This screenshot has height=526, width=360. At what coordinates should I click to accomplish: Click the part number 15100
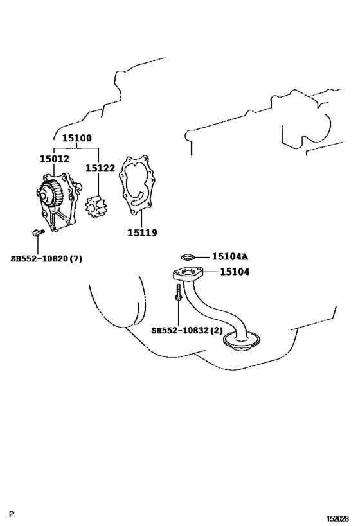(77, 138)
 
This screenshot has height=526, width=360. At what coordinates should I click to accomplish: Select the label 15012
(55, 159)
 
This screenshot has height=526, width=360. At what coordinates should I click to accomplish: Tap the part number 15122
(100, 168)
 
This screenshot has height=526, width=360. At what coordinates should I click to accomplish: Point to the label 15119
(142, 232)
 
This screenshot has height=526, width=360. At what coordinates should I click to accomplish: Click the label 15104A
(230, 257)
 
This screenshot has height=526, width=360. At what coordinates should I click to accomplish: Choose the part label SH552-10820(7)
(46, 259)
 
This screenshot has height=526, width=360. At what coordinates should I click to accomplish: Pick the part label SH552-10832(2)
(187, 330)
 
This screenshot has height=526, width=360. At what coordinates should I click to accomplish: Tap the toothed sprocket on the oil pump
(49, 193)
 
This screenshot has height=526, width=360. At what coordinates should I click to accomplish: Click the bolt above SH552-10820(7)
(39, 232)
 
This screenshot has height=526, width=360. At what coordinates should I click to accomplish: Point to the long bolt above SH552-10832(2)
(178, 292)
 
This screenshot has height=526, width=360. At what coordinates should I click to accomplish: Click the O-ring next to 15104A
(188, 258)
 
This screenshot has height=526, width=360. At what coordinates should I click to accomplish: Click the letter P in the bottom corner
(12, 514)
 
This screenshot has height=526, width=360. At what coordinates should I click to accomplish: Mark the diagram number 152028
(338, 518)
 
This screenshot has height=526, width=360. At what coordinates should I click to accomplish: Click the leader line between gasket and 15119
(141, 218)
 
